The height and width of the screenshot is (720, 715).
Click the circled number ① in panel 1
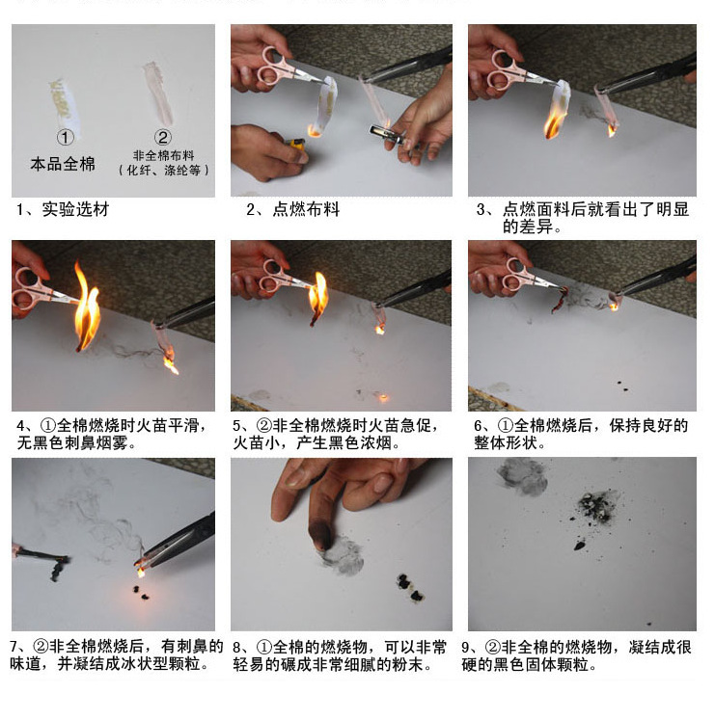(65, 137)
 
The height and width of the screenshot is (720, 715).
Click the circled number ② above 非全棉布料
(163, 137)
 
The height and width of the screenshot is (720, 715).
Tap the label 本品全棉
(63, 164)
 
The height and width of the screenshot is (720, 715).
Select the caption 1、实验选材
(63, 209)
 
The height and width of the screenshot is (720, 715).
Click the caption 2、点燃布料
(293, 209)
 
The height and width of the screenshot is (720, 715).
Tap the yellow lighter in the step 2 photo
(295, 145)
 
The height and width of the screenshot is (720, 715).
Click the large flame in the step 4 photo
(87, 307)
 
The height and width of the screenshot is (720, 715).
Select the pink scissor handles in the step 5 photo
(274, 276)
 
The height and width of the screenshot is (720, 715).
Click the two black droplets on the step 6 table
(621, 386)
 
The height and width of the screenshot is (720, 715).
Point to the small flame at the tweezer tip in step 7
(141, 572)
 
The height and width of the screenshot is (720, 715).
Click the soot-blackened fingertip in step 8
(321, 535)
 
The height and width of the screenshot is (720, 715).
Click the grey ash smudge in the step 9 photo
(523, 477)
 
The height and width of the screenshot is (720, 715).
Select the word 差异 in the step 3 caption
(536, 227)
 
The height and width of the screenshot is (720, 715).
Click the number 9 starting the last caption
(466, 648)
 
